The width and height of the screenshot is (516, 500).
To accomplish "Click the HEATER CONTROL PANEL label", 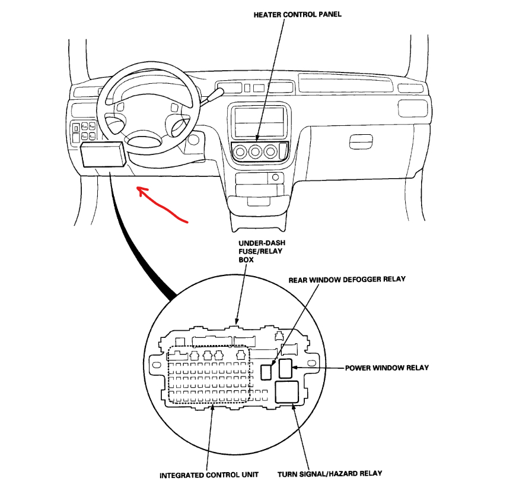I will [297, 14].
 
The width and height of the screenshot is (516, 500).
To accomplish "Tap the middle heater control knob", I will [256, 152].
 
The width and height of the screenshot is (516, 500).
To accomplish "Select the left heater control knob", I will [241, 152].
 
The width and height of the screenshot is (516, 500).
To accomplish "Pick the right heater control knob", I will [272, 152].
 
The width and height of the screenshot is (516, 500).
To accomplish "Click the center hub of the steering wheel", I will [144, 141].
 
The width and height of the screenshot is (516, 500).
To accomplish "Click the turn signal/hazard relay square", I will [288, 392].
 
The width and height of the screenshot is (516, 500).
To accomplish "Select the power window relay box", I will [285, 368].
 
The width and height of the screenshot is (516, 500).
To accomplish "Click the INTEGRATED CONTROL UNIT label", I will [209, 475].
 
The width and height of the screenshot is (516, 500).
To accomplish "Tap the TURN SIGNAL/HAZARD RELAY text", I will [330, 473].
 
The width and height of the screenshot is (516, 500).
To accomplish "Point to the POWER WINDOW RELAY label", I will [387, 368].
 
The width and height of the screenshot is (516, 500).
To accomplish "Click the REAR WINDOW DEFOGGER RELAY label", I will [347, 279].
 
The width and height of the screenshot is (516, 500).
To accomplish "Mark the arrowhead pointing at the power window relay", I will [295, 368].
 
